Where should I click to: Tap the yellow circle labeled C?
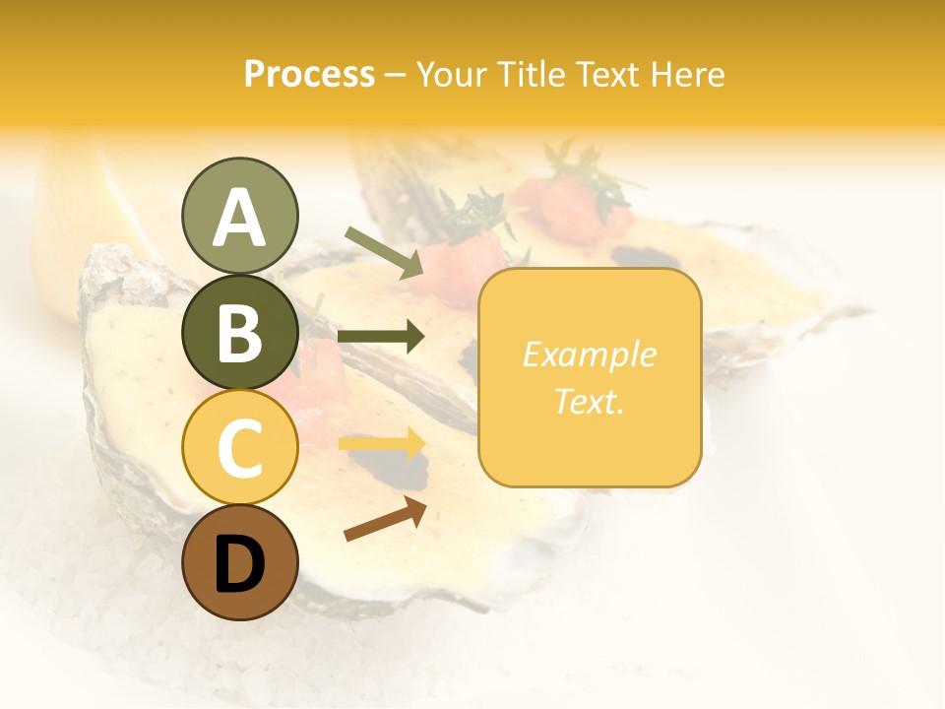[239, 448]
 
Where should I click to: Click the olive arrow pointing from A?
[384, 253]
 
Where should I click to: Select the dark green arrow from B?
[381, 337]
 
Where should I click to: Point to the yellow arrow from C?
[381, 444]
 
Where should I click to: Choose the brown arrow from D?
[385, 519]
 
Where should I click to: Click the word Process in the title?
[309, 74]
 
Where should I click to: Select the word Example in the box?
[589, 354]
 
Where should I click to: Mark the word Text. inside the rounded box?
[589, 401]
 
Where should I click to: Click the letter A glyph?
[239, 218]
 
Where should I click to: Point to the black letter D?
[239, 564]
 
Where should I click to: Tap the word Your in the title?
[452, 74]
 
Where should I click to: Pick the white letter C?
[239, 448]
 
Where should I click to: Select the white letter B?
[239, 333]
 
